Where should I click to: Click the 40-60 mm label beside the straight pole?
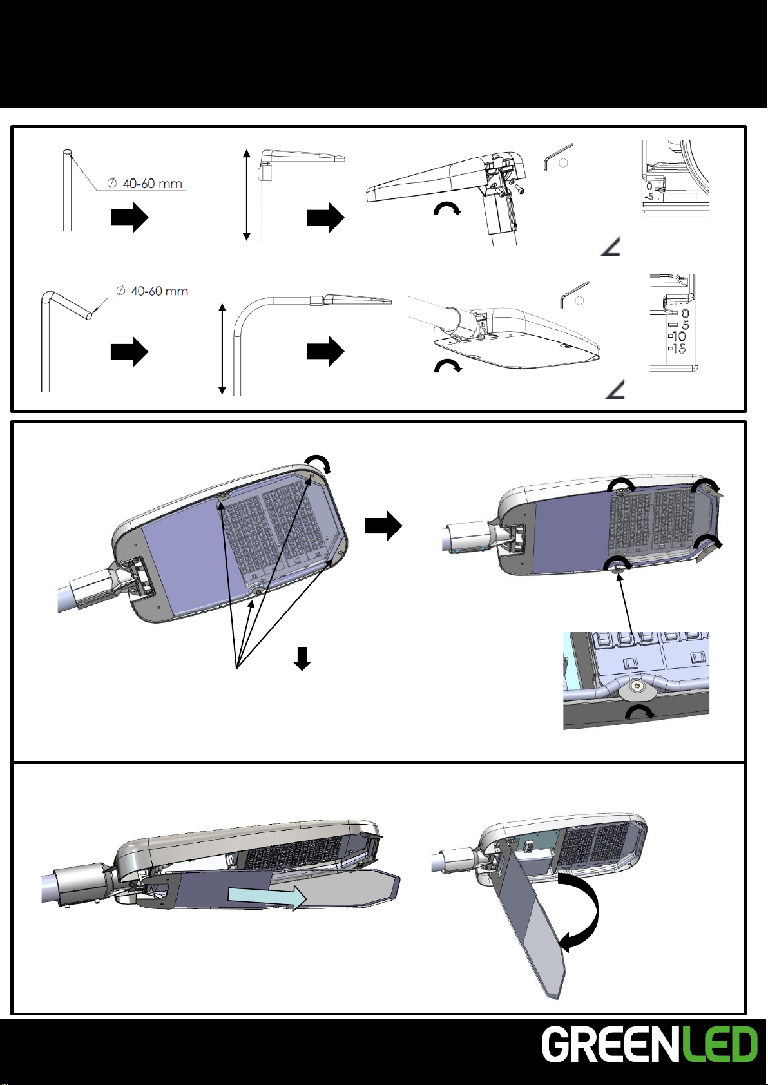point(153,184)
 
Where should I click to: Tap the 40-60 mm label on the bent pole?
point(160,291)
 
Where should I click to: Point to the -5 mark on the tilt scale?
point(649,197)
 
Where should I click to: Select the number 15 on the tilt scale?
point(678,349)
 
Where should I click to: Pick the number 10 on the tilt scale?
point(678,336)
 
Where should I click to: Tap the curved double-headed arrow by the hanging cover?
point(579,911)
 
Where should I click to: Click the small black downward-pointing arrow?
point(302,658)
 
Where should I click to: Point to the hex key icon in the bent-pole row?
point(575,294)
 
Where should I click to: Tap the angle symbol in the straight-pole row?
point(610,247)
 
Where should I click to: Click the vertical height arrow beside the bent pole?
point(222,349)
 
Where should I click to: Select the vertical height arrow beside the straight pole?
point(246,195)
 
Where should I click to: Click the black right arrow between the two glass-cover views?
point(383,526)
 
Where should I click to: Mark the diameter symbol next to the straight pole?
point(111,184)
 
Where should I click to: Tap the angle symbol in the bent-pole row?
point(615,390)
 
